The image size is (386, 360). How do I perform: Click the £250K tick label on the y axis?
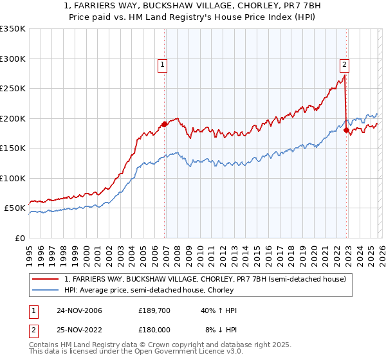point(13,89)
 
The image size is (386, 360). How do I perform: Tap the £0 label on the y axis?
point(19,238)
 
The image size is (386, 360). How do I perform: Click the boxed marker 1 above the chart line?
point(162,64)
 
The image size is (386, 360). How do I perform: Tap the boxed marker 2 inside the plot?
point(345,64)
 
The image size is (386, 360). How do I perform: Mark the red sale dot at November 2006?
point(165,124)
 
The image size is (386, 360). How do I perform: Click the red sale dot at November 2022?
point(347,130)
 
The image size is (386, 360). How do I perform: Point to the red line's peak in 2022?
point(345,76)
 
